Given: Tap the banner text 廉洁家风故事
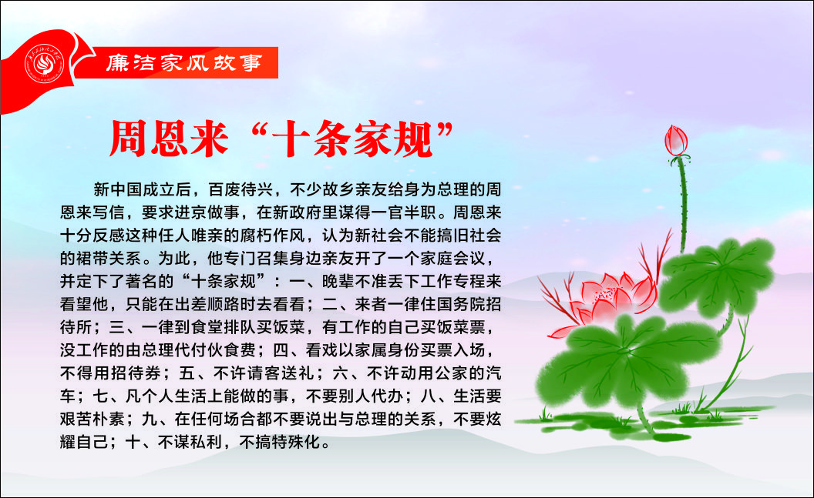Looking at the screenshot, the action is pyautogui.click(x=184, y=62).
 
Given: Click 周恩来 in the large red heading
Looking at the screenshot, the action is pyautogui.click(x=170, y=139).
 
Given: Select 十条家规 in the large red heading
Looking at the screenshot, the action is pyautogui.click(x=352, y=139).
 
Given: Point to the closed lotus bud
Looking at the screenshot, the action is pyautogui.click(x=677, y=140).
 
